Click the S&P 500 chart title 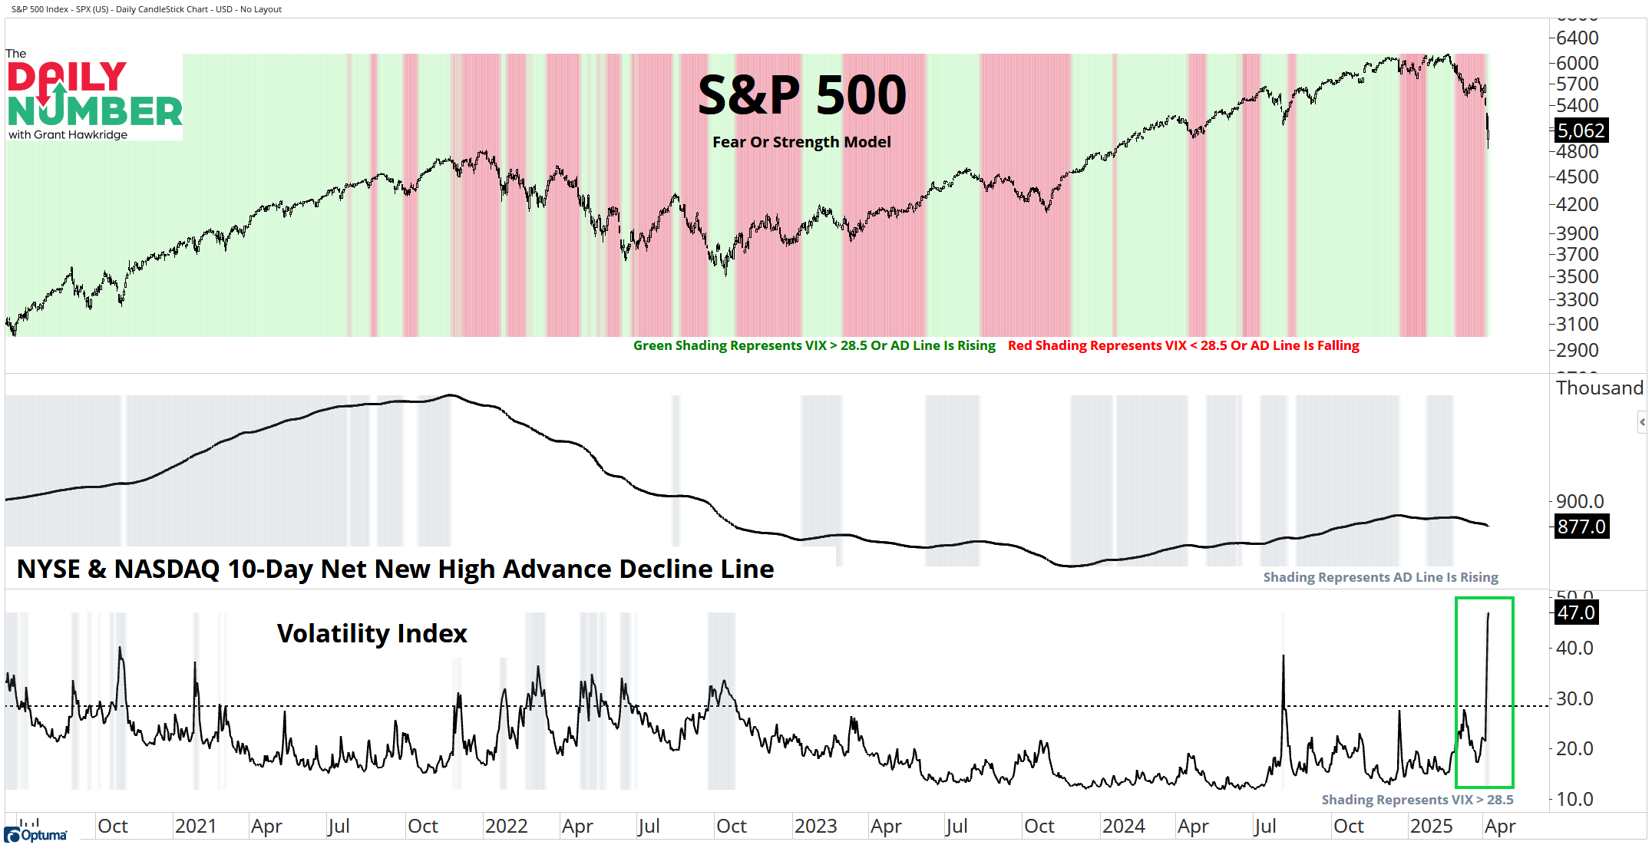pos(801,95)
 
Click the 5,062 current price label pos(1581,130)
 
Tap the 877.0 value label pos(1581,526)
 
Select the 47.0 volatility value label pos(1575,612)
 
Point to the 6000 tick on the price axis pos(1577,63)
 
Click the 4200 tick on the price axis pos(1577,204)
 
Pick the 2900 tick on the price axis pos(1577,350)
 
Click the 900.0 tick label pos(1579,501)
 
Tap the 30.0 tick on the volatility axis pos(1574,698)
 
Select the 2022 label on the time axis pos(506,827)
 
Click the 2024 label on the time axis pos(1123,827)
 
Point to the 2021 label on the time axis pos(196,827)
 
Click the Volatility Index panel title pos(372,634)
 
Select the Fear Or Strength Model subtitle pos(801,142)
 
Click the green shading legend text pos(814,345)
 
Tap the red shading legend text pos(1183,345)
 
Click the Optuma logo pos(36,835)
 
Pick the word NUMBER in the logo pos(95,112)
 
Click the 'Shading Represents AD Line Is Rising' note pos(1380,577)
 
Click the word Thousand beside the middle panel pos(1599,388)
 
